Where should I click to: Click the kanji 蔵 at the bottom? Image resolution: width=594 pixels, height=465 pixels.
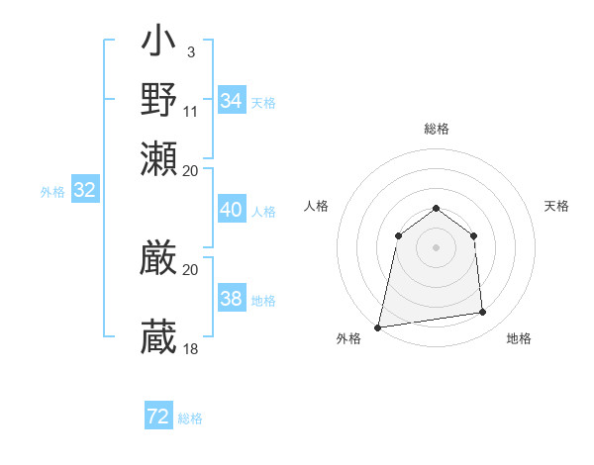(x=158, y=337)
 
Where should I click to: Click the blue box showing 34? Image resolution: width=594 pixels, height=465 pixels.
(x=231, y=101)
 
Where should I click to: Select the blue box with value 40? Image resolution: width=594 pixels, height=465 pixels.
(x=231, y=210)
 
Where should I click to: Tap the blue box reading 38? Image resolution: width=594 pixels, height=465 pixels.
(x=231, y=299)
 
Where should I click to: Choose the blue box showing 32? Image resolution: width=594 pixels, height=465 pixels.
(x=84, y=191)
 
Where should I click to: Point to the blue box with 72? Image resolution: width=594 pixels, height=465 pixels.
(x=157, y=417)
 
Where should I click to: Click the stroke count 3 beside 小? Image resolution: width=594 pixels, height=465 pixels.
(x=190, y=51)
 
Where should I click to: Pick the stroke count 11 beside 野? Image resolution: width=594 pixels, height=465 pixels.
(x=191, y=110)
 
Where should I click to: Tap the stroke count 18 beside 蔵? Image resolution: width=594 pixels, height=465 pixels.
(x=191, y=348)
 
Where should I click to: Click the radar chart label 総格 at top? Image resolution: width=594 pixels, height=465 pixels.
(x=436, y=129)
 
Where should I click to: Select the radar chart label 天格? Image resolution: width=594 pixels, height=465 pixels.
(x=556, y=206)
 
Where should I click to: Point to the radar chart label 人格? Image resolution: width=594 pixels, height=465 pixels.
(x=316, y=206)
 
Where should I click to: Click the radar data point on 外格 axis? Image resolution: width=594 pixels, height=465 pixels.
(x=378, y=326)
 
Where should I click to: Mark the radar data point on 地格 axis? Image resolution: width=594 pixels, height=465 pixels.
(x=483, y=313)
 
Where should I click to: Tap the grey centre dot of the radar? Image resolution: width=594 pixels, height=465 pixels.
(x=436, y=247)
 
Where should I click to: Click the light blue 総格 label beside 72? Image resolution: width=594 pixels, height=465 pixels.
(x=190, y=418)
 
